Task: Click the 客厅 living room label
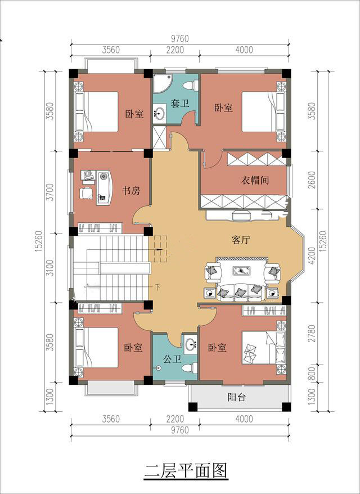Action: (x=241, y=240)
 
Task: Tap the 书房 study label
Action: (x=131, y=191)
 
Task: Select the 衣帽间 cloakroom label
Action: (x=255, y=180)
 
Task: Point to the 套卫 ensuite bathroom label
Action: (x=180, y=103)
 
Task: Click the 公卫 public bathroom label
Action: (x=173, y=359)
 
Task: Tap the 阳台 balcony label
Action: (x=237, y=397)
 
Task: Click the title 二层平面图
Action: (x=186, y=471)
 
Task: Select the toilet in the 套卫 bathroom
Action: (x=191, y=86)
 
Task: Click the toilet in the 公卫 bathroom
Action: (x=190, y=367)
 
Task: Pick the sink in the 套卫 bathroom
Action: (x=160, y=113)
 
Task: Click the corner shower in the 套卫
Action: (x=162, y=83)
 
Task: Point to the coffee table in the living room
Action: (x=242, y=271)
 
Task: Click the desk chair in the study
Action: (x=86, y=193)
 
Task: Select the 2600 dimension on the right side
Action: (x=312, y=180)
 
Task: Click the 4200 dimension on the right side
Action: (x=312, y=255)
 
